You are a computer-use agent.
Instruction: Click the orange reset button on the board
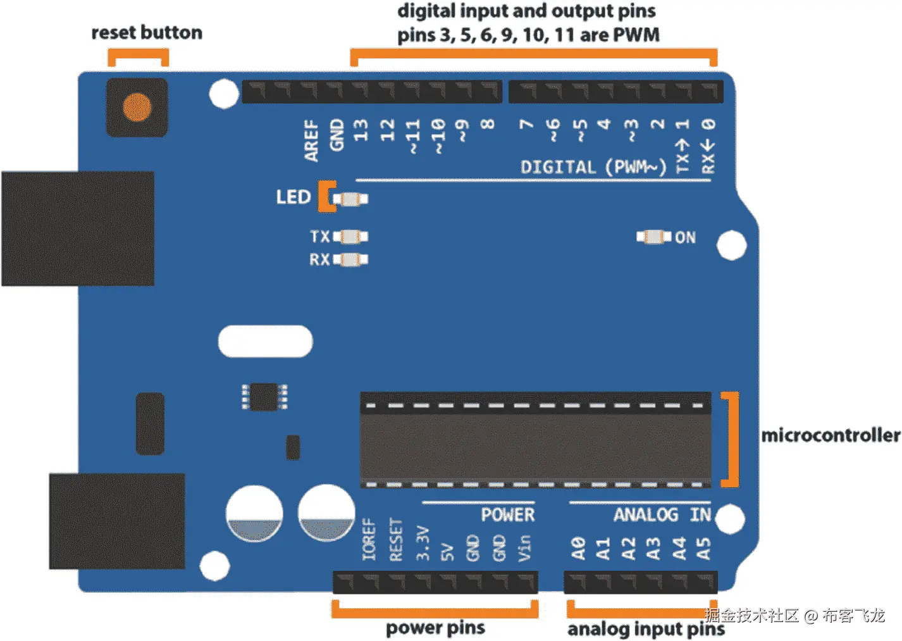pyautogui.click(x=137, y=108)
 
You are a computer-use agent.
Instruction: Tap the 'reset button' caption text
pyautogui.click(x=147, y=33)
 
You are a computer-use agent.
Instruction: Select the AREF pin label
pyautogui.click(x=311, y=140)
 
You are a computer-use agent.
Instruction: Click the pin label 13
pyautogui.click(x=361, y=131)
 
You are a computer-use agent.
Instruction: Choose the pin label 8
pyautogui.click(x=488, y=123)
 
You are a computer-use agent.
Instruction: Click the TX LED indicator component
pyautogui.click(x=350, y=237)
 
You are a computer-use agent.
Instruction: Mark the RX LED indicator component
pyautogui.click(x=350, y=259)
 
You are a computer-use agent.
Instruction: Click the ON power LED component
pyautogui.click(x=653, y=237)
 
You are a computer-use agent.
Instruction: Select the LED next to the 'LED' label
pyautogui.click(x=350, y=199)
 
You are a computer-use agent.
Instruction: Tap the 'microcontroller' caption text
pyautogui.click(x=831, y=435)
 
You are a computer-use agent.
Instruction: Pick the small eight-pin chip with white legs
pyautogui.click(x=265, y=397)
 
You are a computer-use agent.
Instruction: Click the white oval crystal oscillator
pyautogui.click(x=266, y=342)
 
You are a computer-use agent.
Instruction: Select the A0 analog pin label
pyautogui.click(x=578, y=548)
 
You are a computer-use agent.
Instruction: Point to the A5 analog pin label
pyautogui.click(x=704, y=548)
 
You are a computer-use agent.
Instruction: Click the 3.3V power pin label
pyautogui.click(x=423, y=543)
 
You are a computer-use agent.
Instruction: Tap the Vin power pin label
pyautogui.click(x=524, y=548)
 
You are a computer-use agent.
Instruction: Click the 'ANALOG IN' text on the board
pyautogui.click(x=662, y=515)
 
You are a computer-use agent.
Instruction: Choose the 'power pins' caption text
pyautogui.click(x=435, y=628)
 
